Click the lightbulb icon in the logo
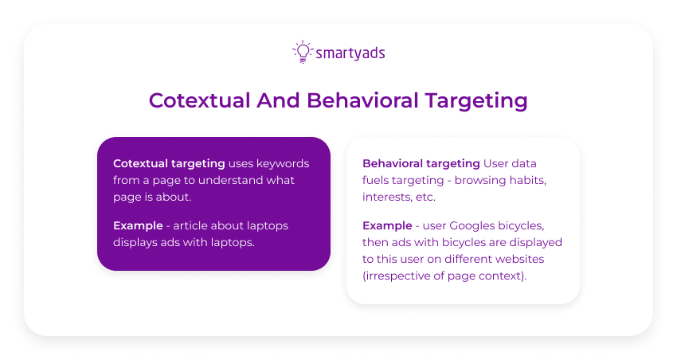point(302,52)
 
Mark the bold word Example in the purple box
point(136,225)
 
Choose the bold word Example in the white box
point(385,225)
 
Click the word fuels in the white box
point(377,180)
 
